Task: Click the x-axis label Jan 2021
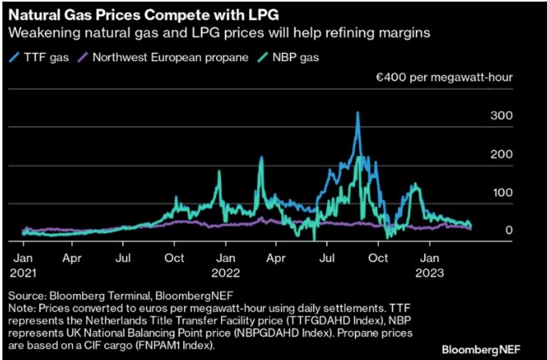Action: click(22, 265)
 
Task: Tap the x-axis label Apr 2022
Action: click(276, 259)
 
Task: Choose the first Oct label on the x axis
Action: click(174, 259)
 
